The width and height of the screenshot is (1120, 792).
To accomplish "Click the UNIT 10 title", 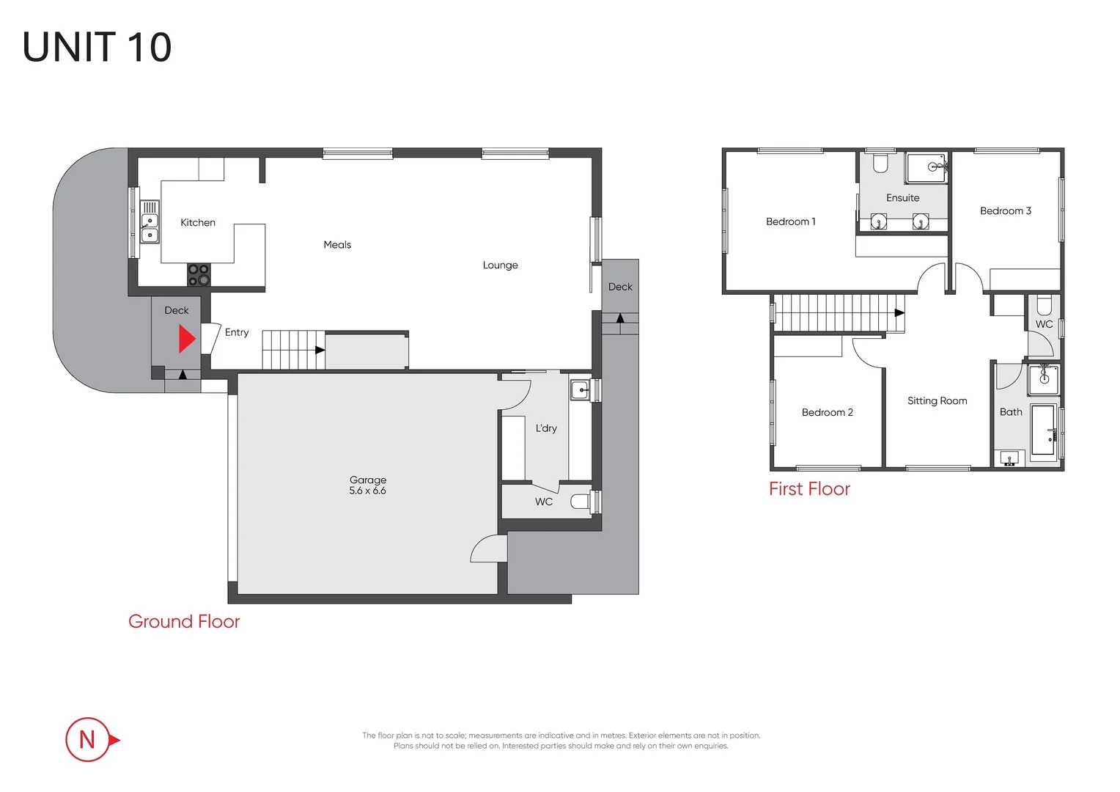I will [97, 48].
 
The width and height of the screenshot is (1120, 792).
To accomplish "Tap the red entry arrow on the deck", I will [187, 339].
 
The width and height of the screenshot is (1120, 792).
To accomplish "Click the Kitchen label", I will [198, 222].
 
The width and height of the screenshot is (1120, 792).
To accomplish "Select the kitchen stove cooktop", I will [199, 275].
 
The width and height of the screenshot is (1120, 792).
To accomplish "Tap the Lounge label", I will [500, 265].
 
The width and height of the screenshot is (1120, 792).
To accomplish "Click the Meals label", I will [337, 245].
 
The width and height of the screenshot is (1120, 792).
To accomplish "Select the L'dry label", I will [546, 428].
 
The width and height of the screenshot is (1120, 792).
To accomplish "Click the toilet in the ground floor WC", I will [581, 502].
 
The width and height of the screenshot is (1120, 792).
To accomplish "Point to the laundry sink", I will [580, 389].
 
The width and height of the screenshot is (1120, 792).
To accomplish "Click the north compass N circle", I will [87, 739].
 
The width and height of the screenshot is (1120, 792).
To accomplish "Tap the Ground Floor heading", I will [184, 621].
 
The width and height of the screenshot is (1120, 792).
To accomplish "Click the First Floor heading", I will [809, 489].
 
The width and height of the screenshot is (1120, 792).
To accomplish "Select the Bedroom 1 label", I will [790, 221].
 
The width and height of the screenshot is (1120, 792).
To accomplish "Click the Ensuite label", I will [902, 198].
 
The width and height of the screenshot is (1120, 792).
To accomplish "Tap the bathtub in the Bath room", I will [1044, 430].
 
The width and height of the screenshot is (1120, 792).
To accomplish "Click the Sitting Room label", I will [937, 400].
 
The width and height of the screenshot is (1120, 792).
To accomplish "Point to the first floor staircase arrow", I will [899, 312].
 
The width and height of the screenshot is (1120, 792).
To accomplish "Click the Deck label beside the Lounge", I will [620, 287].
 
